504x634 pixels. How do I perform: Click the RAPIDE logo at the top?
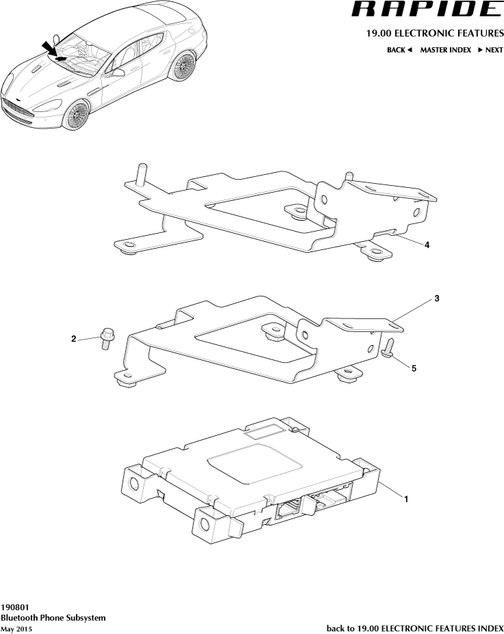tap(426, 10)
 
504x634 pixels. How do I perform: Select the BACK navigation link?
tap(399, 50)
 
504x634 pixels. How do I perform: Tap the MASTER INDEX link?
tap(445, 50)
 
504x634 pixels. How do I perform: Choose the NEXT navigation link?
tap(490, 50)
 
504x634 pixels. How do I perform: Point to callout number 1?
tap(406, 499)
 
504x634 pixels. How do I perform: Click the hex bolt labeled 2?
tap(107, 336)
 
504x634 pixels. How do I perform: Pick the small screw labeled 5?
tap(389, 346)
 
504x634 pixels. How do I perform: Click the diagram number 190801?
tap(15, 606)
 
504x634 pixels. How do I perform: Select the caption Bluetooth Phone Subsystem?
tap(53, 617)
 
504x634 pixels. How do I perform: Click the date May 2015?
tap(16, 628)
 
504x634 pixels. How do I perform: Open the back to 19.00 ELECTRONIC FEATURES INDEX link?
tap(415, 627)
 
